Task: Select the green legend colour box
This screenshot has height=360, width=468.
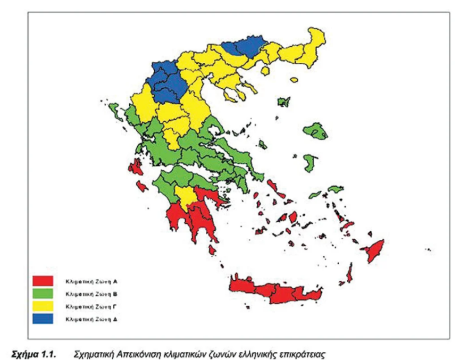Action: pyautogui.click(x=43, y=293)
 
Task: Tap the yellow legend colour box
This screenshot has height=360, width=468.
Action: pyautogui.click(x=43, y=306)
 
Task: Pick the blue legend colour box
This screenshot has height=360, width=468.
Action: pyautogui.click(x=43, y=320)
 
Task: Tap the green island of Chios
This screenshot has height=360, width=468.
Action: pyautogui.click(x=310, y=162)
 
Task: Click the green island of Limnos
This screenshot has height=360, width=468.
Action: pyautogui.click(x=283, y=101)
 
